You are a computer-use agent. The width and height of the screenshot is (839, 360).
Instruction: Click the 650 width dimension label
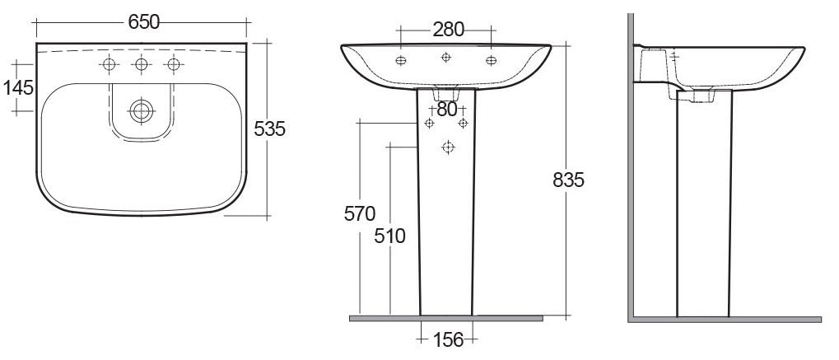143,23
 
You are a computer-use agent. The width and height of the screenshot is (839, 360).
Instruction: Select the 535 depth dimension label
269,129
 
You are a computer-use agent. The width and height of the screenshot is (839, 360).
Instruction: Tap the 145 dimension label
18,86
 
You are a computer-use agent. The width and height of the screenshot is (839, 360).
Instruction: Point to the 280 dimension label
448,30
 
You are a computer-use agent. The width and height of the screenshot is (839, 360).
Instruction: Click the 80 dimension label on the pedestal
446,108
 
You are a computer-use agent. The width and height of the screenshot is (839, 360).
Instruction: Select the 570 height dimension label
359,213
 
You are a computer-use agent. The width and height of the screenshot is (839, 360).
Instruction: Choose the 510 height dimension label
389,236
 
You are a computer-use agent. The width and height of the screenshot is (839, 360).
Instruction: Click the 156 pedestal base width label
448,339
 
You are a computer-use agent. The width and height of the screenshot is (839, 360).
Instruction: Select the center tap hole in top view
142,65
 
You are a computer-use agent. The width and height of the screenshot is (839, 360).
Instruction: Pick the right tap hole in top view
173,65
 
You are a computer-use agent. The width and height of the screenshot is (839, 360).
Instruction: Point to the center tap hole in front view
446,57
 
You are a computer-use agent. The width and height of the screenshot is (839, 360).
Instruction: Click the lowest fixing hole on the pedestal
448,147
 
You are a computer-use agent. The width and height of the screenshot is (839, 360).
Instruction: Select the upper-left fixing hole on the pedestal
429,123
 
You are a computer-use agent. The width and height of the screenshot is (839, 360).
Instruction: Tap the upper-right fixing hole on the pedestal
463,123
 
